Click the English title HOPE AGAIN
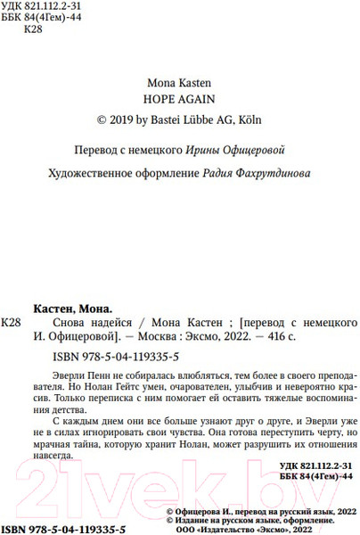(179, 97)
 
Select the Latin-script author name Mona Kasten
(179, 78)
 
